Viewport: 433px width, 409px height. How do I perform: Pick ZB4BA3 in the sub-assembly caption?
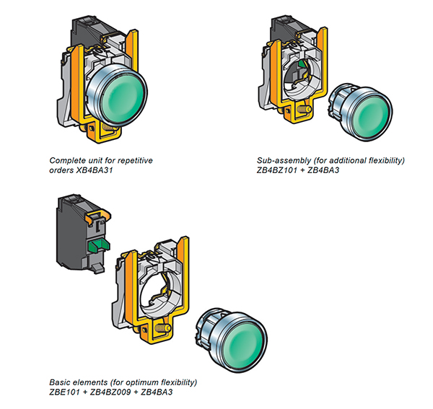pos(331,170)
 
